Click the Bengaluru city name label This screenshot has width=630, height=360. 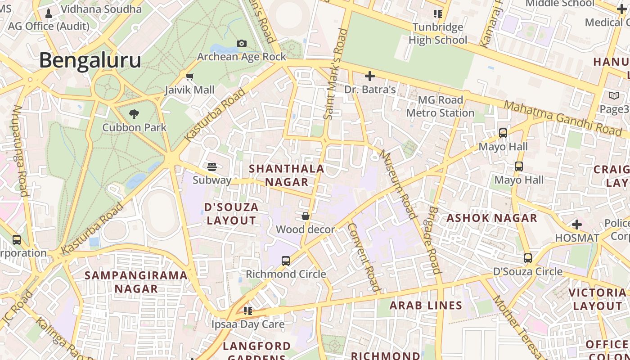pos(90,60)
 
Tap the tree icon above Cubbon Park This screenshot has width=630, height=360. pos(134,114)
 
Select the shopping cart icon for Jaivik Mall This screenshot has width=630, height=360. pos(189,76)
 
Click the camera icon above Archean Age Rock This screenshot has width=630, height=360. pos(242,43)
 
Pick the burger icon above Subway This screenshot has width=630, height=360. pos(212,167)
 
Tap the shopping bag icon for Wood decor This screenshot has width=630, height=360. pos(306,216)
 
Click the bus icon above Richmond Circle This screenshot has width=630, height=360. pos(286,261)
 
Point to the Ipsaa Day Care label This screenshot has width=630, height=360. pos(248,324)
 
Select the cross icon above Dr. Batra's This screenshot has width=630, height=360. pos(370,76)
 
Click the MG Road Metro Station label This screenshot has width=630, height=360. pos(440,106)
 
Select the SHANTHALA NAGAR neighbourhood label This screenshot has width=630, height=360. pos(287,175)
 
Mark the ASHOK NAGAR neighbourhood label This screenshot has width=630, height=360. pos(492,218)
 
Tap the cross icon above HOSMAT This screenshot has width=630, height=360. pos(577,224)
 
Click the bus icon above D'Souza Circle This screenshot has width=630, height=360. pos(528,258)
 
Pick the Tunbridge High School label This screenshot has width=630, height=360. pos(438,34)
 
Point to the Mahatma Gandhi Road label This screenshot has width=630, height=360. pos(562,118)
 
